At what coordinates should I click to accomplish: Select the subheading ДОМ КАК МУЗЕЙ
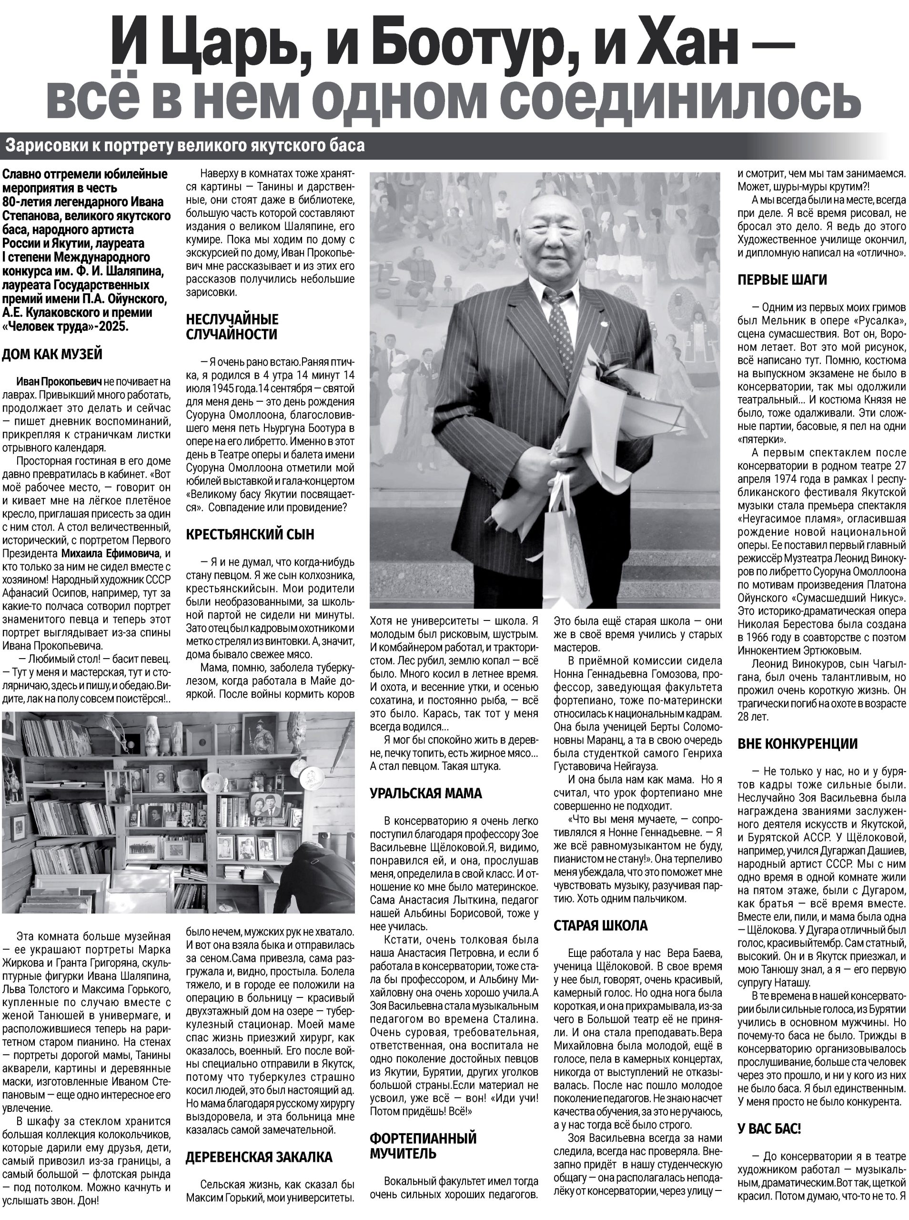52,354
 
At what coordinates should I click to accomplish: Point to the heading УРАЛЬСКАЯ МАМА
426,793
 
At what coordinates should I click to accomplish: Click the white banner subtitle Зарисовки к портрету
184,146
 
